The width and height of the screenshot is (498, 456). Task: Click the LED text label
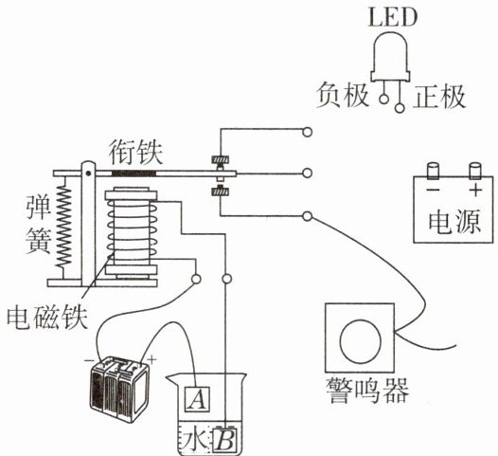click(393, 17)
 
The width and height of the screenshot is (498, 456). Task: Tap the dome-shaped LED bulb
click(390, 56)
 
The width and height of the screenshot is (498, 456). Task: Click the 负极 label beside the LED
click(343, 95)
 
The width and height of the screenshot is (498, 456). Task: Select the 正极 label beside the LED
click(439, 96)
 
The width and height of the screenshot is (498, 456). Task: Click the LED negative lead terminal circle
click(384, 99)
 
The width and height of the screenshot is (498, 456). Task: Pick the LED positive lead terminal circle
click(400, 108)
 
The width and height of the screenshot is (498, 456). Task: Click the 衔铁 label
click(135, 153)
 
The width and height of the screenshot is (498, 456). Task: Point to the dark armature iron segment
click(133, 173)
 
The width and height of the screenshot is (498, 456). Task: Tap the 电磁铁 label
click(47, 318)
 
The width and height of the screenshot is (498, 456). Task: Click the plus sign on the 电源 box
click(475, 191)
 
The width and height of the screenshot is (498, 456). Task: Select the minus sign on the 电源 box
click(434, 191)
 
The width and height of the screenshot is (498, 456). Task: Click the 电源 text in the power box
click(454, 222)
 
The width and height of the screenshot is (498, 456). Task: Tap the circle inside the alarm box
click(360, 340)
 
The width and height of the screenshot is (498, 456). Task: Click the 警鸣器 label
click(367, 391)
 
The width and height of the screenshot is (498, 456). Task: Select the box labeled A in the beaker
click(197, 399)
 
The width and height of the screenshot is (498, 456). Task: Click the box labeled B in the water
click(224, 441)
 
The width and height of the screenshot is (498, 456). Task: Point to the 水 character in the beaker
click(197, 440)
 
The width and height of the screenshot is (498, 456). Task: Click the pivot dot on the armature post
click(89, 173)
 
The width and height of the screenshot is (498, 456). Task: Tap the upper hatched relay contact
click(221, 158)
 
